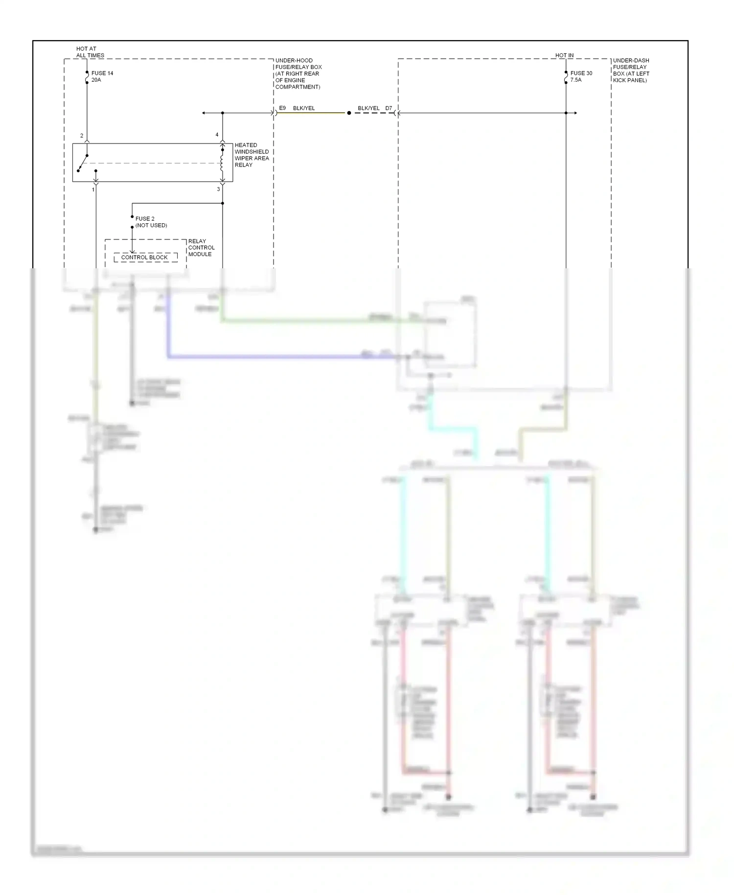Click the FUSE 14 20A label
[x=102, y=76]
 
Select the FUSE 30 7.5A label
[x=581, y=76]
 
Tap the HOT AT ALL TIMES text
[x=90, y=52]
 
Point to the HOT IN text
[x=564, y=55]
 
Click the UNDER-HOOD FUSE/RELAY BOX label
[x=298, y=73]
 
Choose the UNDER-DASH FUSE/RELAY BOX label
[x=631, y=70]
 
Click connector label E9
[x=282, y=108]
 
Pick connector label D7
[x=389, y=108]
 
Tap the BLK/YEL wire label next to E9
[x=304, y=108]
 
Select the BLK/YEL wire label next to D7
[x=368, y=108]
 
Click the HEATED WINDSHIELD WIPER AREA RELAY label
[x=252, y=155]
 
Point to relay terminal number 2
[x=82, y=136]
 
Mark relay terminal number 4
[x=217, y=135]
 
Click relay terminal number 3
[x=218, y=189]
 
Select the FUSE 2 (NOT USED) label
[x=151, y=222]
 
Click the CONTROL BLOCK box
[x=145, y=257]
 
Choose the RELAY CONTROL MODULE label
[x=201, y=247]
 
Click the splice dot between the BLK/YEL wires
[x=349, y=113]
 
